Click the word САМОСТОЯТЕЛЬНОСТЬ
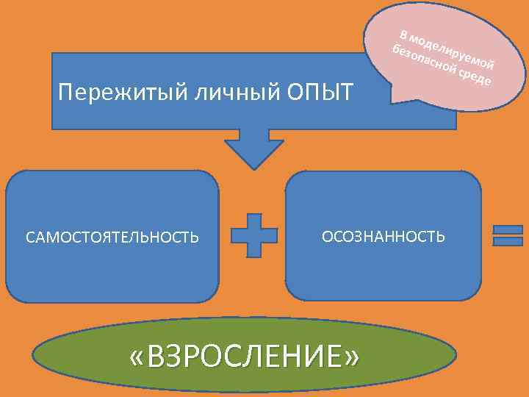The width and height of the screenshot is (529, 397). tap(112, 237)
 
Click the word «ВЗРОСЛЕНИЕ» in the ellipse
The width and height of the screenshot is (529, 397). tap(244, 358)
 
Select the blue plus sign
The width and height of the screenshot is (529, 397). tap(254, 236)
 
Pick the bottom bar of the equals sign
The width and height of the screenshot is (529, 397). tap(507, 242)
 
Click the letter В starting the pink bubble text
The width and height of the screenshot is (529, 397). tap(403, 33)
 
